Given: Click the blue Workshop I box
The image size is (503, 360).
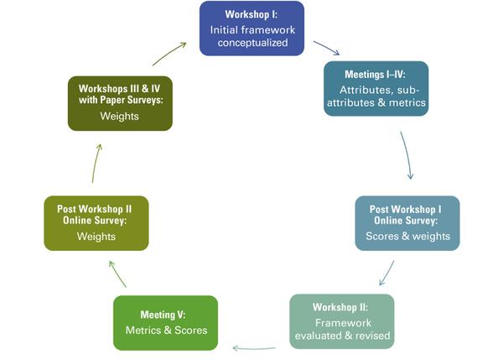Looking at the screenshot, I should click(251, 29).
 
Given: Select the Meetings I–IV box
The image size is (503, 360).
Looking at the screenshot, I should click(376, 88).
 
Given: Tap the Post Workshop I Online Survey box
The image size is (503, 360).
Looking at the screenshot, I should click(407, 222).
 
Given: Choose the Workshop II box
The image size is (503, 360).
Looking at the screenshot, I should click(340, 321).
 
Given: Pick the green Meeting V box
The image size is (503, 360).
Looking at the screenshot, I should click(165, 322).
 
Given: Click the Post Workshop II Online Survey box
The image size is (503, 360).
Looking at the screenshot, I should click(96, 222).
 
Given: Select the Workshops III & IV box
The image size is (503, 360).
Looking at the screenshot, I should click(120, 102).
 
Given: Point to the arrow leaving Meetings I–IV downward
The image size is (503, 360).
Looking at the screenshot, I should click(407, 154).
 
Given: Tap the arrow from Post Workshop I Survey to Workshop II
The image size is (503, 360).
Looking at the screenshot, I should click(386, 271).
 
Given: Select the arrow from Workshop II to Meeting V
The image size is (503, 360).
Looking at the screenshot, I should click(254, 347).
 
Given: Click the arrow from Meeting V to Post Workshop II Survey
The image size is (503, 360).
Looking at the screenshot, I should click(118, 274).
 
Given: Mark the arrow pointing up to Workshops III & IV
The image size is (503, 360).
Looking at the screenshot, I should click(96, 163).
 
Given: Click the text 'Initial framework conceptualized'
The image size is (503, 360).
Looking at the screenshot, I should click(251, 36).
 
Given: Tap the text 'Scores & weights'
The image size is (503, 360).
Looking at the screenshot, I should click(407, 236).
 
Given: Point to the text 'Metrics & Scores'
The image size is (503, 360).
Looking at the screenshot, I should click(165, 329).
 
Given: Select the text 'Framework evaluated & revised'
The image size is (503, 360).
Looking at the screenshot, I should click(340, 329).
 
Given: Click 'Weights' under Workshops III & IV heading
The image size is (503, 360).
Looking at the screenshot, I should click(120, 116).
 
